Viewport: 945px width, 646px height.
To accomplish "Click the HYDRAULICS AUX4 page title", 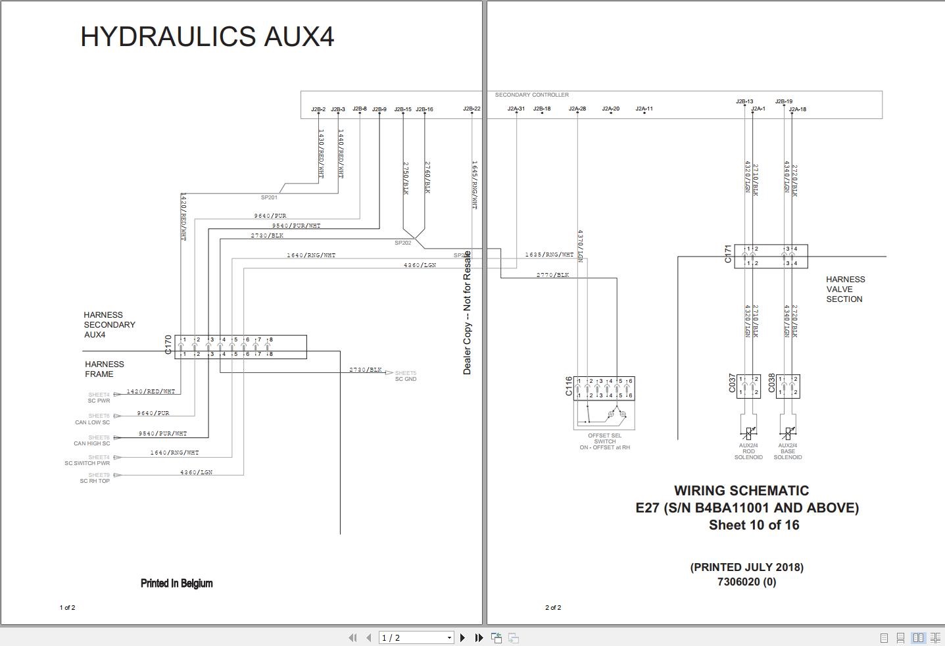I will tap(207, 37).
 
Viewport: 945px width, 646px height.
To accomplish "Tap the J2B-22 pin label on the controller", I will tap(472, 109).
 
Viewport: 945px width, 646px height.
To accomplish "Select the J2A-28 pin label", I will tap(577, 109).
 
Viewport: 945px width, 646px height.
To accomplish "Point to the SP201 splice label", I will tap(269, 197).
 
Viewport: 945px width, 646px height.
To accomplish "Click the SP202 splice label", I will tap(402, 243).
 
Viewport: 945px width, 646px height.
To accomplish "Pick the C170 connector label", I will tap(168, 345).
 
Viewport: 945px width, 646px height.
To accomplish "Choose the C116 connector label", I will tap(569, 386).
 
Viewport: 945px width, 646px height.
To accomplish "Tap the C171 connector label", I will tap(728, 254).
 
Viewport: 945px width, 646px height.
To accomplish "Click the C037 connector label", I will tap(732, 384).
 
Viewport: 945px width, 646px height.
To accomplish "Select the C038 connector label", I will tap(771, 384).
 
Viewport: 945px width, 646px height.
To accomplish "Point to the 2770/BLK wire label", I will tap(552, 275).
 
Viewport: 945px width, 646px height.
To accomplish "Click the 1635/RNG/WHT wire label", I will tap(549, 255).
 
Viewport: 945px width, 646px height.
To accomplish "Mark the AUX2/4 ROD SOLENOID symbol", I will tap(748, 434).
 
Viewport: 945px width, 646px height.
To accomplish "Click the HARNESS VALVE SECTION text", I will tap(845, 289).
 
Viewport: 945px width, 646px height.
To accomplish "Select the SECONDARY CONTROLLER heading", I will tap(531, 95).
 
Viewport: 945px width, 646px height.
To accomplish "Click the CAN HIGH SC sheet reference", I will tap(92, 443).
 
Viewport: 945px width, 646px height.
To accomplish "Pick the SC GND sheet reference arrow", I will tap(389, 373).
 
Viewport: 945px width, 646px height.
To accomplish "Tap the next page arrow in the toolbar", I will tap(462, 637).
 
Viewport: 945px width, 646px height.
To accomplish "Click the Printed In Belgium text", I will tap(176, 584).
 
